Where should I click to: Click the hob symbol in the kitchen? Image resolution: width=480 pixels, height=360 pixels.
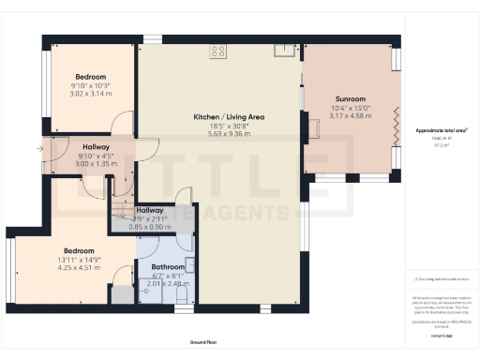(218, 52)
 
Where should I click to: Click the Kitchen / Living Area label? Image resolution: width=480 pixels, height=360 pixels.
(221, 117)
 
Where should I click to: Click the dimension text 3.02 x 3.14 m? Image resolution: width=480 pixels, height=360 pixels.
(91, 94)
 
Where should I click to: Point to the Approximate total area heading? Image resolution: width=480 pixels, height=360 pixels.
(441, 130)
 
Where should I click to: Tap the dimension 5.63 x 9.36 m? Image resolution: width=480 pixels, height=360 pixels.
(221, 134)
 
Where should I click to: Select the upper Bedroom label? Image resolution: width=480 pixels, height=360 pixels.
(91, 77)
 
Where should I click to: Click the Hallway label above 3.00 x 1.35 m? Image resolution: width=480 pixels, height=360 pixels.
(97, 147)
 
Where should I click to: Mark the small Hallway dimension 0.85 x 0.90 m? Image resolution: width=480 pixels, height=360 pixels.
(150, 228)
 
